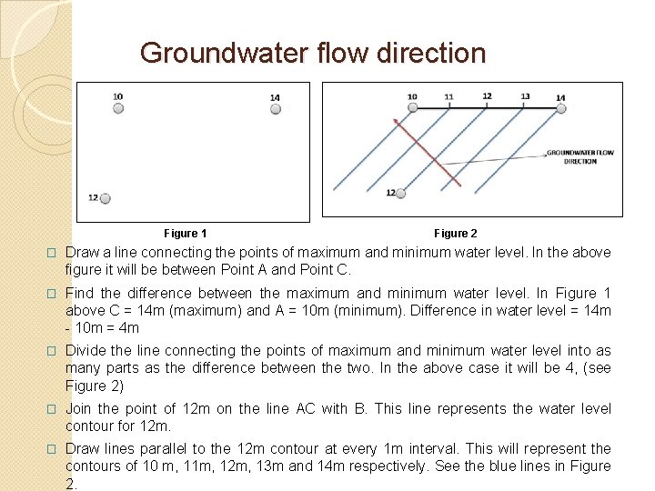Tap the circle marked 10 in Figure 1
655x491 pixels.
[118, 108]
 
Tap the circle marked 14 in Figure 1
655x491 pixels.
[276, 109]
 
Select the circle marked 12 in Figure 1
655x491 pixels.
[106, 198]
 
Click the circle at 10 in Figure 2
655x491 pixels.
[412, 108]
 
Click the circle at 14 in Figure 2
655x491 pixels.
[560, 108]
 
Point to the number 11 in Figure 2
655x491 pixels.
[449, 96]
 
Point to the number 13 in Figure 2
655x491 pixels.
[525, 96]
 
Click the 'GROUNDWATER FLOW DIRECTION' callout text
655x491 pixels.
[579, 156]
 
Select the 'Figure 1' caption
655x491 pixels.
[186, 234]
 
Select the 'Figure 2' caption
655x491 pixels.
[456, 234]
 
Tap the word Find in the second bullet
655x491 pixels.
[79, 293]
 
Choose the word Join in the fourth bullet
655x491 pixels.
[79, 408]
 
